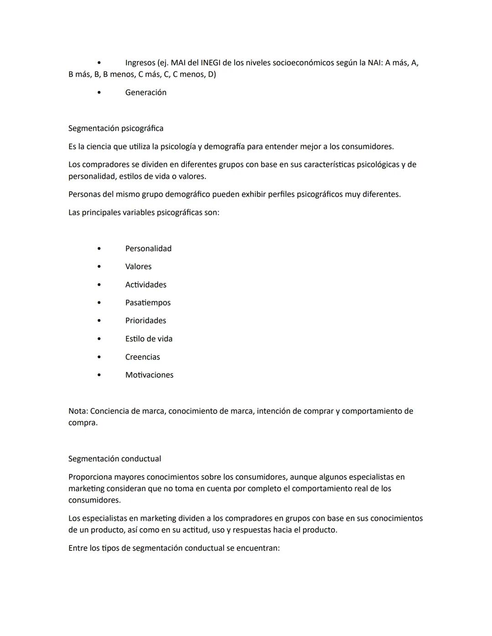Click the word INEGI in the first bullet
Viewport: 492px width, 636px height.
210,63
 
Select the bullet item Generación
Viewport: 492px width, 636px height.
146,92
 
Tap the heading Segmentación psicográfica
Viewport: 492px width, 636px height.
116,128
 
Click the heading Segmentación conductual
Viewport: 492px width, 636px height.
114,459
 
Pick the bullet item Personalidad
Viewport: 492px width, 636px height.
148,249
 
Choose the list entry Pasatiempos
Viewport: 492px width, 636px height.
148,303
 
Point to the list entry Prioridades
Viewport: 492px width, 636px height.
145,321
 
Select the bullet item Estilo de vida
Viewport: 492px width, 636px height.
149,339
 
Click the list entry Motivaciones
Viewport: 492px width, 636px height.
149,375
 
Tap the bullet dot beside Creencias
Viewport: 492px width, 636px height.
99,357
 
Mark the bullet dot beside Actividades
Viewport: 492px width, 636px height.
99,285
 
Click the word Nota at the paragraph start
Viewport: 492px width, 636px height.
77,411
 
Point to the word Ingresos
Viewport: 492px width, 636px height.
140,63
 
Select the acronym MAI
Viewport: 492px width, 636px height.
178,63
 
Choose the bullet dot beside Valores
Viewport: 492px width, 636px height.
99,267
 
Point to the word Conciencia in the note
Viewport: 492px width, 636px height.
109,411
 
